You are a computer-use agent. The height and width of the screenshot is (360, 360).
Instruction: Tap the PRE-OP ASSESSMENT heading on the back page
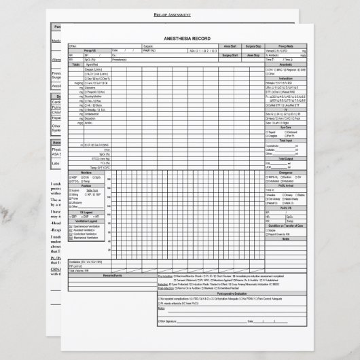click(x=180, y=14)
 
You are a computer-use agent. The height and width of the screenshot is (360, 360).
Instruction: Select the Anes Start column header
click(x=231, y=46)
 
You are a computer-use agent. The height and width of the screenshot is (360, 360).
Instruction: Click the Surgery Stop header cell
click(x=254, y=46)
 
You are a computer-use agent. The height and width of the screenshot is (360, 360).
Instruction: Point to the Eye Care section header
click(x=285, y=126)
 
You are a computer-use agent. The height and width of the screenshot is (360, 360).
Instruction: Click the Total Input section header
click(x=285, y=140)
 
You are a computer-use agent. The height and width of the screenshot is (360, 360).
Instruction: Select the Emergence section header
click(x=285, y=173)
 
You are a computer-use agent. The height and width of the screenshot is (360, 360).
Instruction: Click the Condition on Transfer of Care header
click(x=285, y=225)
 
